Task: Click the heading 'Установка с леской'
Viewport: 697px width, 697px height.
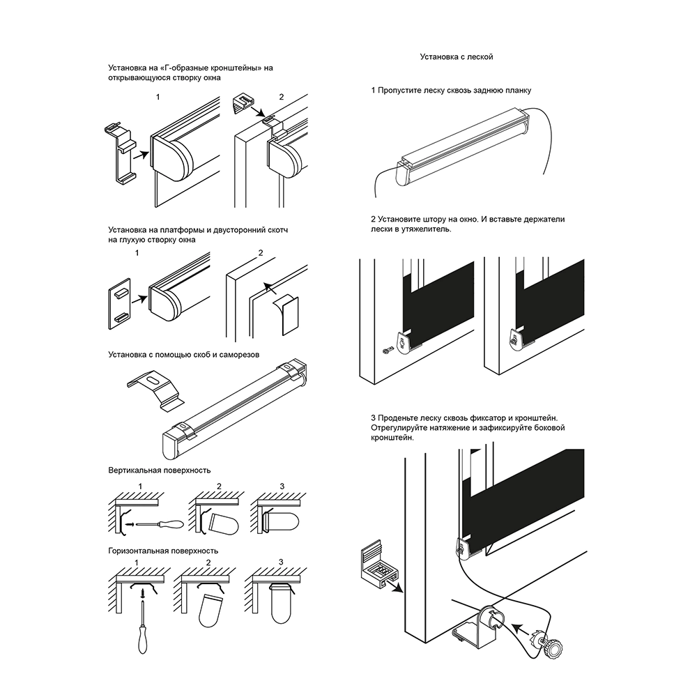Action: [x=457, y=57]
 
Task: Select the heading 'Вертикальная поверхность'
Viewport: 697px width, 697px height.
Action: [x=160, y=470]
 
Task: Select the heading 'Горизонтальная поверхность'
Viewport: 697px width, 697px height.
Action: [x=163, y=551]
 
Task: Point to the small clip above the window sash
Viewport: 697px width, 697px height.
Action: [x=243, y=102]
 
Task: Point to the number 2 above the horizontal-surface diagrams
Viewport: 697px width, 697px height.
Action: [x=208, y=562]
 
